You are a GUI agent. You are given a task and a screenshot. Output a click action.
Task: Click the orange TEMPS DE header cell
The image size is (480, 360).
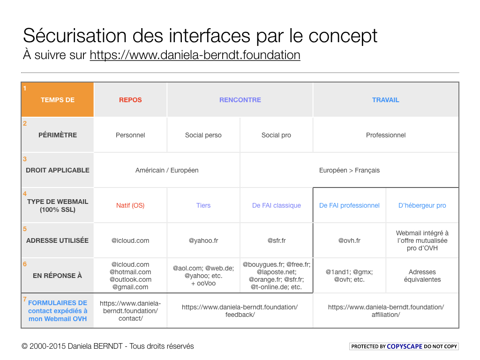click(x=58, y=100)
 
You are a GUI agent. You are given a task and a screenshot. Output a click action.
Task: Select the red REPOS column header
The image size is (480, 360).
click(x=130, y=100)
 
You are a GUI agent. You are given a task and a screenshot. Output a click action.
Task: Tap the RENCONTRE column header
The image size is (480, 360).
click(x=240, y=100)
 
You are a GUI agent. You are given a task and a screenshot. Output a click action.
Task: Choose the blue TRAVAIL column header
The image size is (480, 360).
click(x=385, y=100)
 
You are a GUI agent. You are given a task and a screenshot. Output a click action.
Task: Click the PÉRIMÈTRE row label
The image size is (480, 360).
click(x=58, y=135)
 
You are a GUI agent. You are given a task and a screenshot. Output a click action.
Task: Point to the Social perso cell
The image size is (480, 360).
click(x=203, y=135)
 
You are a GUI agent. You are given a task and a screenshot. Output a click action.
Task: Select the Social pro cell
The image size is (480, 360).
click(x=276, y=135)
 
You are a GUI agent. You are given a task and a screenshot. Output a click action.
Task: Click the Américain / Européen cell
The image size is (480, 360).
click(x=167, y=170)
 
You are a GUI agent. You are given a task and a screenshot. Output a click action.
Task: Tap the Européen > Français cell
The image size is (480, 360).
click(x=349, y=170)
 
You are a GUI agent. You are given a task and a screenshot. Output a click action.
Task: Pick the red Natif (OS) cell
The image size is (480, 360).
click(x=130, y=205)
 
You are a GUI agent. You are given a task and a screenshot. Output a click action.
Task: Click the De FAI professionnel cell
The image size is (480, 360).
click(x=349, y=205)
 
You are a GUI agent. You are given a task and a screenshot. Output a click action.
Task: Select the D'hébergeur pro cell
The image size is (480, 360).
click(x=422, y=205)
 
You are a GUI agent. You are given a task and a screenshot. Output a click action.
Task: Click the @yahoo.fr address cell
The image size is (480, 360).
click(x=203, y=240)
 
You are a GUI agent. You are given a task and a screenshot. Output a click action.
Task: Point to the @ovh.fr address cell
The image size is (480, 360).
click(x=349, y=240)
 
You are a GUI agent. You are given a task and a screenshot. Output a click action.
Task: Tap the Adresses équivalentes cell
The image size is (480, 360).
click(x=422, y=276)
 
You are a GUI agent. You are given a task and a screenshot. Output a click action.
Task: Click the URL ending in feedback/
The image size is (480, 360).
click(x=240, y=311)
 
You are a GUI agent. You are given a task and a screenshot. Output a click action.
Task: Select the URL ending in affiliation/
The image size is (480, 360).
click(x=386, y=311)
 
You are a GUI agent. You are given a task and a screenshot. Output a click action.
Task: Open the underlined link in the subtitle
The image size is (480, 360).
click(x=195, y=55)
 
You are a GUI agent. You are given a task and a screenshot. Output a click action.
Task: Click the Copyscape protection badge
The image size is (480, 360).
click(x=404, y=346)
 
